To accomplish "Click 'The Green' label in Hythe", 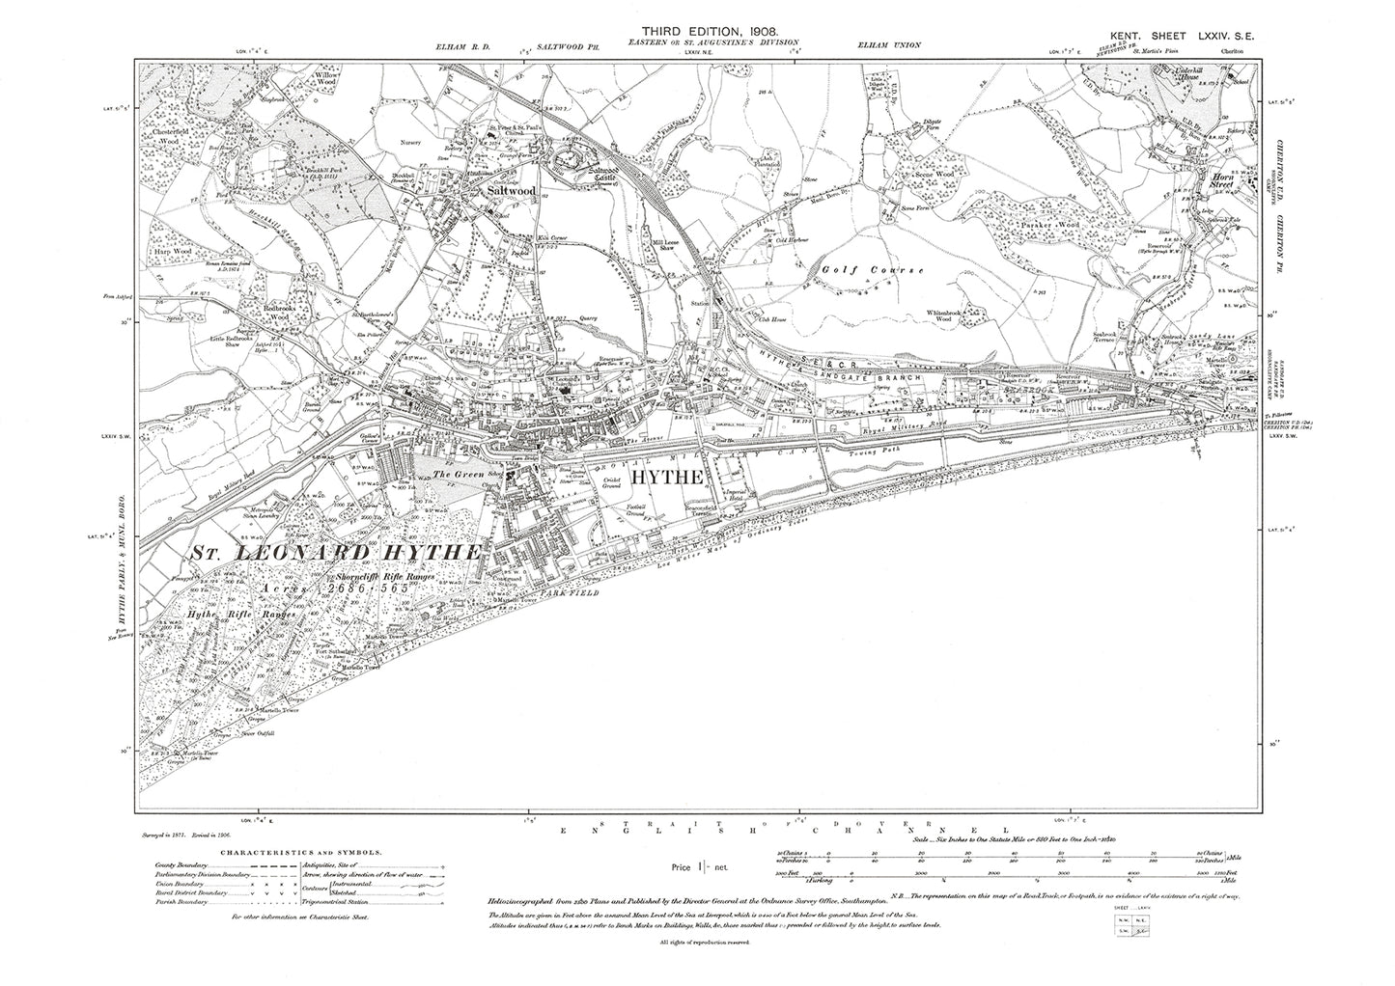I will [x=453, y=474].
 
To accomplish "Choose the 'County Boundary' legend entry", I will [x=182, y=866].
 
